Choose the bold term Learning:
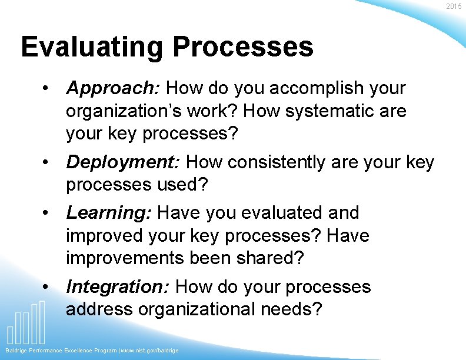coord(109,213)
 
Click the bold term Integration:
coord(118,287)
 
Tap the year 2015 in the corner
coord(454,6)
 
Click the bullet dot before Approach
coord(45,89)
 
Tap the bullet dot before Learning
coord(45,213)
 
